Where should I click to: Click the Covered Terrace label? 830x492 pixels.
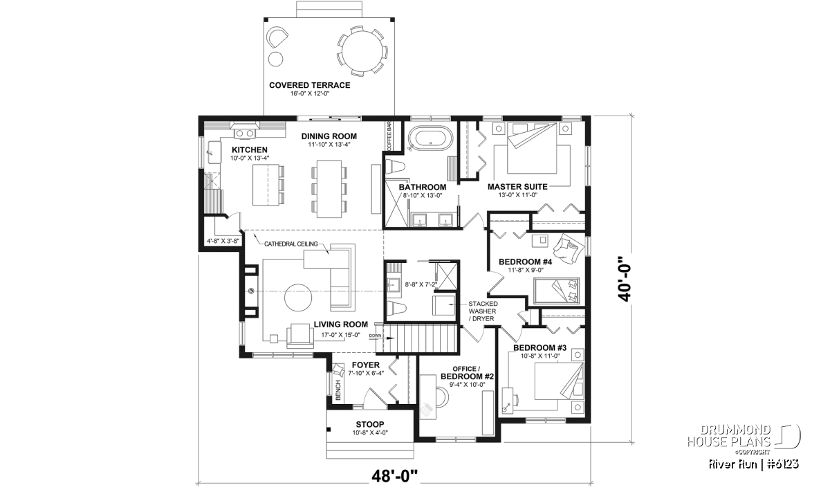click(310, 85)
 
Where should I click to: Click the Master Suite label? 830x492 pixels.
click(517, 187)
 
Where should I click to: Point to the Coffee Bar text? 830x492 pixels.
click(389, 136)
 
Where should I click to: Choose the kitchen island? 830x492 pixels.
click(266, 185)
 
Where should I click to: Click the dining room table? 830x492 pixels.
click(329, 189)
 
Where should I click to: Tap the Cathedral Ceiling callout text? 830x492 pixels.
click(291, 244)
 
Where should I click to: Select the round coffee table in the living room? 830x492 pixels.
click(298, 298)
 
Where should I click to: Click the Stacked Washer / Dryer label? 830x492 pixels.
click(482, 311)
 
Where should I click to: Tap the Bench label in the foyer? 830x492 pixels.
click(338, 390)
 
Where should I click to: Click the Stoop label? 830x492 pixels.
click(370, 424)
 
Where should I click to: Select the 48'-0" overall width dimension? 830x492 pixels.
click(395, 476)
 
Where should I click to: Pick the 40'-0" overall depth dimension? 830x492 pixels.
click(624, 278)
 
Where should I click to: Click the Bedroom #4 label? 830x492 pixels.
click(525, 262)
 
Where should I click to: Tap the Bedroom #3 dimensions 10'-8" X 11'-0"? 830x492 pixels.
click(540, 356)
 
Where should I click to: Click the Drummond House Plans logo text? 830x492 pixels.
click(729, 436)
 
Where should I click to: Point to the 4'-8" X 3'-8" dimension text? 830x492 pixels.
click(223, 241)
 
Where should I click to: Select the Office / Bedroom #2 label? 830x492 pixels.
click(467, 373)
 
